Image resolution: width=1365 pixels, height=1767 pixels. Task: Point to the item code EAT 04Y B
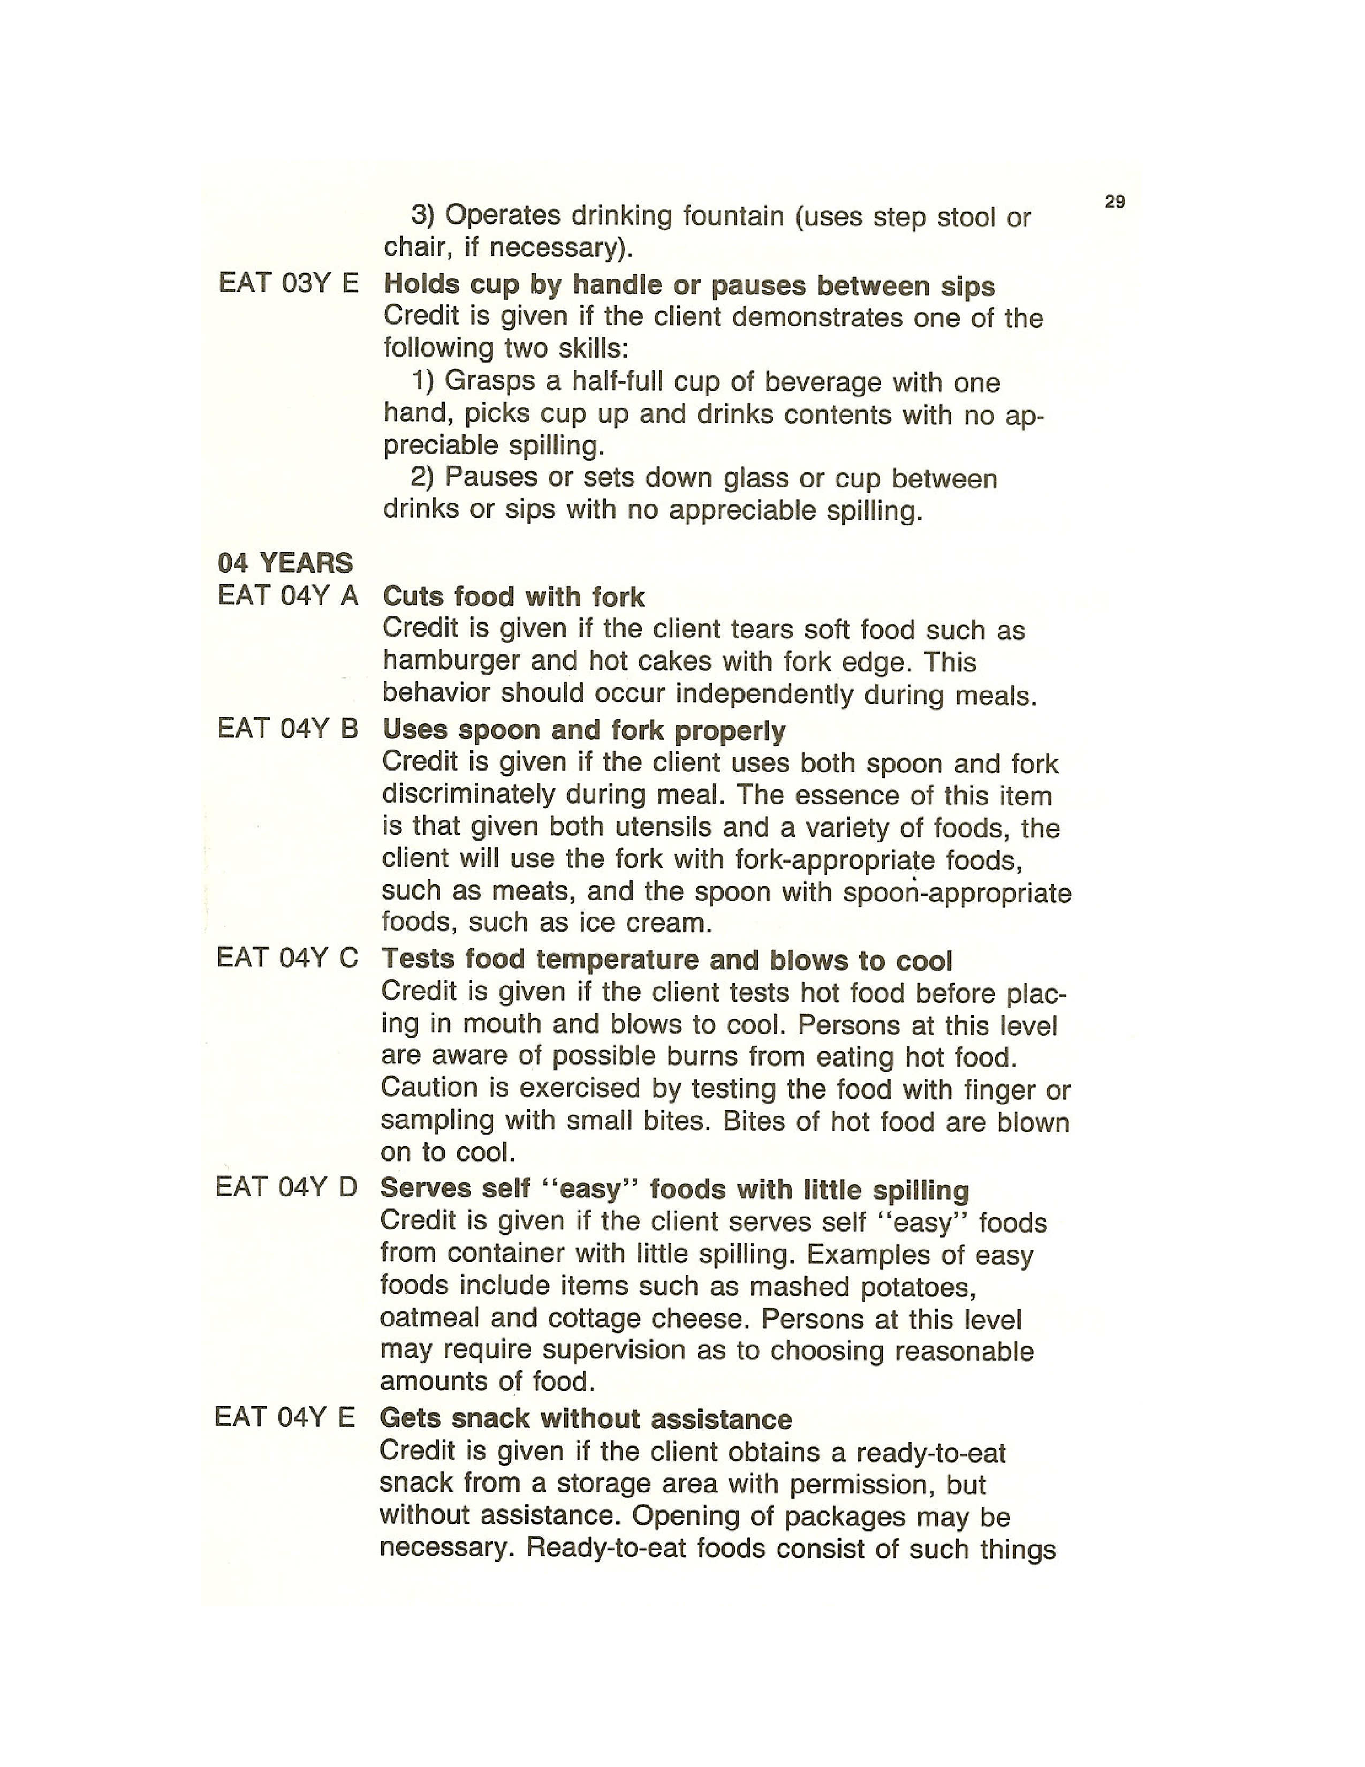287,728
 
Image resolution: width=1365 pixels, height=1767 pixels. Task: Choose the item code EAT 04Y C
287,958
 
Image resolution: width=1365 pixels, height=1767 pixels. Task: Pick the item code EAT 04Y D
286,1187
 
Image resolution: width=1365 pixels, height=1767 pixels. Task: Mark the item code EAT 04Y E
285,1417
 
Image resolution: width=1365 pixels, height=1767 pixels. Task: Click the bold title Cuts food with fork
513,597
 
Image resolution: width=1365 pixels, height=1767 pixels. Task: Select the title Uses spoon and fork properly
583,730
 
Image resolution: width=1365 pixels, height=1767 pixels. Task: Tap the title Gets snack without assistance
586,1418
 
